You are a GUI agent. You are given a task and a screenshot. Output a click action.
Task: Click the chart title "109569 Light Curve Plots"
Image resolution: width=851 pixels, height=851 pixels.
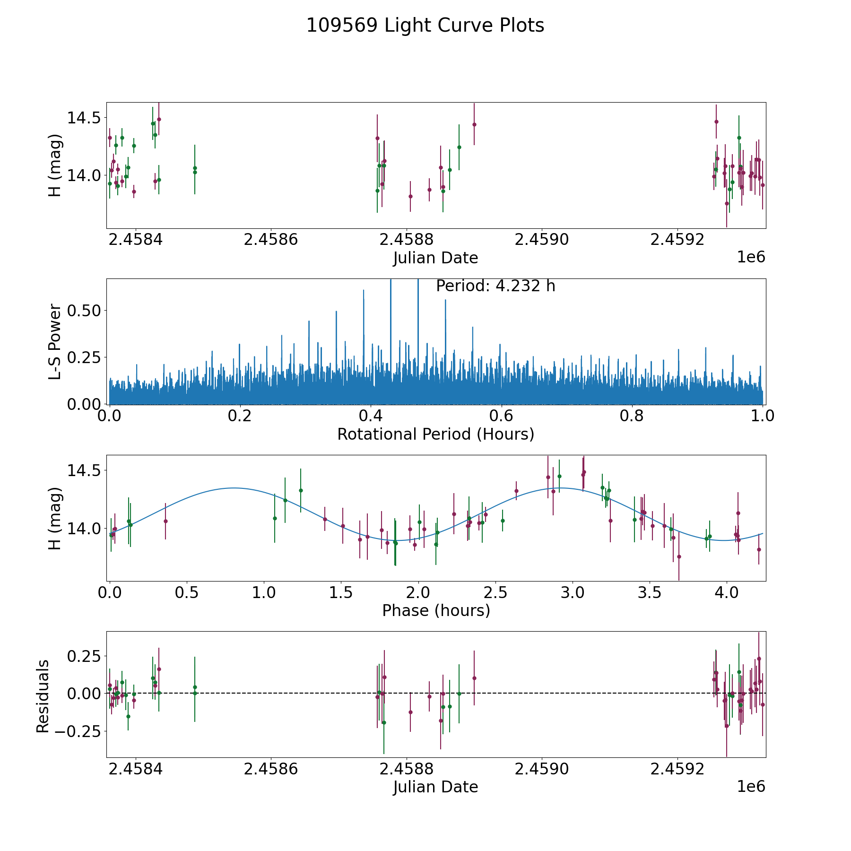click(x=425, y=26)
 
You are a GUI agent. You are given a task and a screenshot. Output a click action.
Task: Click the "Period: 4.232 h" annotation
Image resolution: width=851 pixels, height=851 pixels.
click(x=495, y=286)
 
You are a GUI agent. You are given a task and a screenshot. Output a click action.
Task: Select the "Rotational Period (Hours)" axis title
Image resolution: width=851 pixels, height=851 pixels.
click(x=435, y=434)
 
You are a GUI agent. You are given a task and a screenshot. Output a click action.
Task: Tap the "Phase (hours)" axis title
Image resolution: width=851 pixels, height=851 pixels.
click(x=436, y=610)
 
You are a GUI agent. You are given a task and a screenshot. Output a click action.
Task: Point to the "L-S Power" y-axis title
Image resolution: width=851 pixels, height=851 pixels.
click(x=55, y=341)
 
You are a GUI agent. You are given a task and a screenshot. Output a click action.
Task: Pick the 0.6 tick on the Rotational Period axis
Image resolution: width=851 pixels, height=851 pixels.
click(x=501, y=417)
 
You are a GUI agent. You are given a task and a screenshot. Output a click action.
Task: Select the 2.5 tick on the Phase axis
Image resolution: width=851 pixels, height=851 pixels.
click(x=495, y=593)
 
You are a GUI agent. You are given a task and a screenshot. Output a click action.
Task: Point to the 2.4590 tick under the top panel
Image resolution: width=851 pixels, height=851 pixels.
click(x=541, y=240)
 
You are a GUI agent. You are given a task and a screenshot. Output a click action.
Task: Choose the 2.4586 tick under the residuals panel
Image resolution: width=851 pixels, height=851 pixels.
click(x=271, y=769)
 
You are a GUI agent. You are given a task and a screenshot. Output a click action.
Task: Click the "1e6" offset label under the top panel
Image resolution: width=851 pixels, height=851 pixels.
click(x=751, y=257)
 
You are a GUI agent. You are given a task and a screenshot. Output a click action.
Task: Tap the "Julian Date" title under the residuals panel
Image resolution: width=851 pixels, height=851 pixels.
click(x=435, y=787)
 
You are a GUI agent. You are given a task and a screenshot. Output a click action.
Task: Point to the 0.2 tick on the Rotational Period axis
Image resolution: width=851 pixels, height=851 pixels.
click(x=240, y=417)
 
